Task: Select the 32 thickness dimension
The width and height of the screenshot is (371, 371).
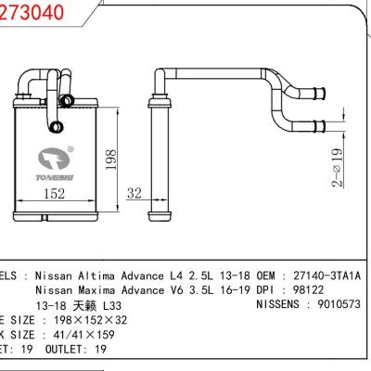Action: click(x=135, y=195)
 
